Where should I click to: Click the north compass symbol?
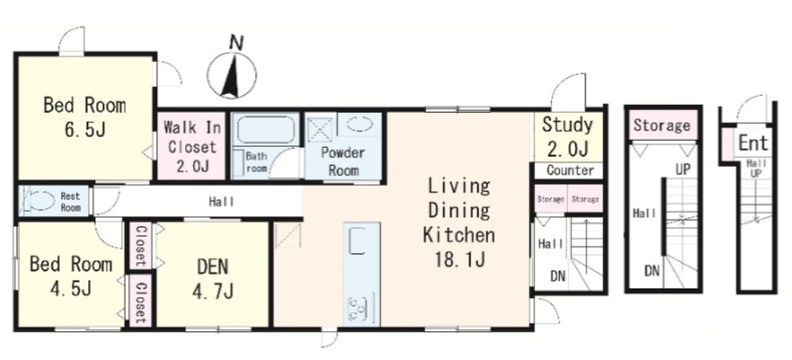[x=232, y=74]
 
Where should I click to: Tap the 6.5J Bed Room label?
[x=84, y=117]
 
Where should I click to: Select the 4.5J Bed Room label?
[x=71, y=276]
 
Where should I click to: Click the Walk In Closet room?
[x=192, y=146]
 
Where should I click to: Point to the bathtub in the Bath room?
[x=266, y=130]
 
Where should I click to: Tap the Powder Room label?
[x=343, y=161]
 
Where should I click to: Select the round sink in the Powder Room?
[x=360, y=124]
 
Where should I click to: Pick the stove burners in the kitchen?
[x=358, y=309]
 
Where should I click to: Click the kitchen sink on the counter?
[x=358, y=240]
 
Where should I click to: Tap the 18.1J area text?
[x=460, y=260]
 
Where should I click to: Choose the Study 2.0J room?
[x=569, y=137]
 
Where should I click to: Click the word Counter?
[x=570, y=170]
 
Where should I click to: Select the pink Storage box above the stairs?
[x=662, y=125]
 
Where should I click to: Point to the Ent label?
[x=753, y=142]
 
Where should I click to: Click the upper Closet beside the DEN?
[x=141, y=246]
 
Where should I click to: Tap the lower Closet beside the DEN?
[x=140, y=301]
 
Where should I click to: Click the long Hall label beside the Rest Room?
[x=222, y=202]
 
